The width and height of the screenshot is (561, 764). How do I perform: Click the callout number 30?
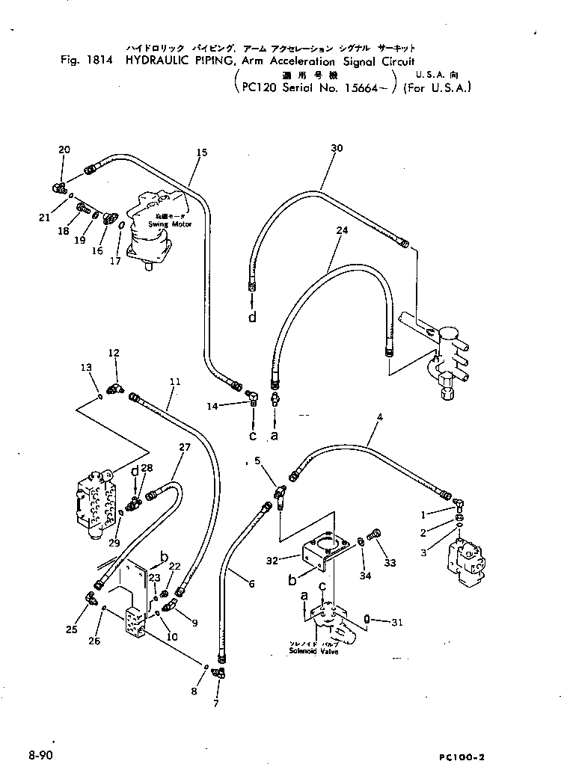point(337,149)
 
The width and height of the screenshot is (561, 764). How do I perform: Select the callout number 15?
point(202,153)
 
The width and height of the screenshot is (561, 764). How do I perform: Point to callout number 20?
point(64,150)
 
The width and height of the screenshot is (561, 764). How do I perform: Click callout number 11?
point(174,382)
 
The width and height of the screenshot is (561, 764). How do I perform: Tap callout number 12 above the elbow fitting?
point(114,352)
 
